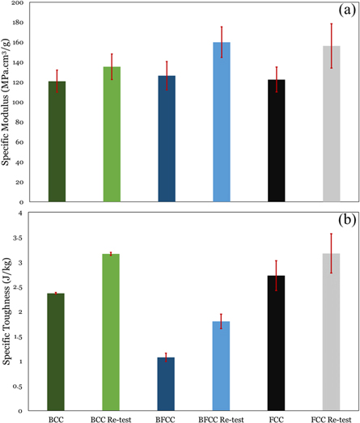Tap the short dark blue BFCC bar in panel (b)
[167, 384]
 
